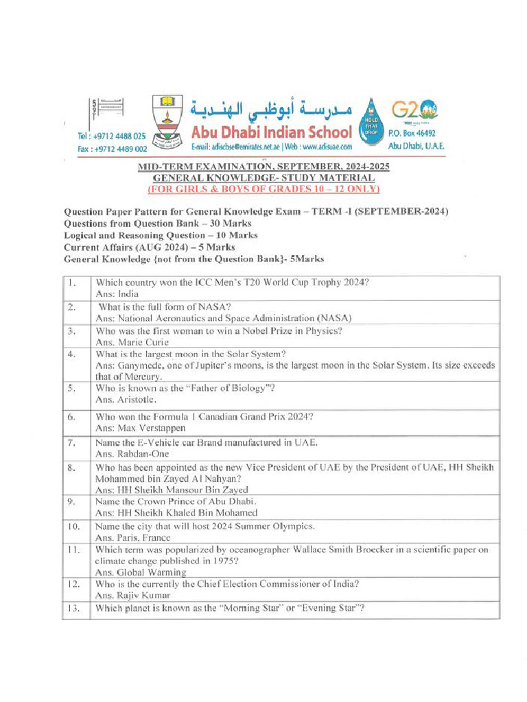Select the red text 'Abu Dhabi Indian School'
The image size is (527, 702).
pyautogui.click(x=271, y=131)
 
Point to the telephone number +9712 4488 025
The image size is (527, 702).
pyautogui.click(x=111, y=136)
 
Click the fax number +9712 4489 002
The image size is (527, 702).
pyautogui.click(x=112, y=148)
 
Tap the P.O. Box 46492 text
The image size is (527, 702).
pyautogui.click(x=412, y=133)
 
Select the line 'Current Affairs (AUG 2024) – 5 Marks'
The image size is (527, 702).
pyautogui.click(x=149, y=247)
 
